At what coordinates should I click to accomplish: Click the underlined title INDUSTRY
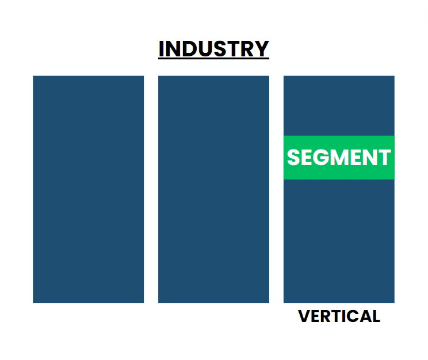[213, 49]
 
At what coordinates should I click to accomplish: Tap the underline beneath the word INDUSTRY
[213, 59]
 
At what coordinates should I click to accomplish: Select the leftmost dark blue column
[88, 189]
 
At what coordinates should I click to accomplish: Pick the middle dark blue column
[213, 189]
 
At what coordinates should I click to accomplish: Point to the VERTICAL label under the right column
[339, 316]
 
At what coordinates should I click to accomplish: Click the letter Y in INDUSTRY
[262, 49]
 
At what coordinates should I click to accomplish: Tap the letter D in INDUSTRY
[186, 49]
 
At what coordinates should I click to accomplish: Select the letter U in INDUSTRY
[202, 49]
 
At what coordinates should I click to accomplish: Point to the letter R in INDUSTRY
[248, 49]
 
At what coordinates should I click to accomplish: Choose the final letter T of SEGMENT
[385, 158]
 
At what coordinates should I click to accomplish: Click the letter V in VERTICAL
[304, 316]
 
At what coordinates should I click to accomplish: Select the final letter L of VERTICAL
[376, 316]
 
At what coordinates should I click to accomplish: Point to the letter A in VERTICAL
[365, 316]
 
